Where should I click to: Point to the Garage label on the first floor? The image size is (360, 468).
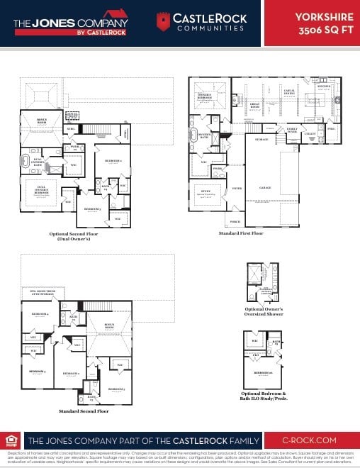click(x=265, y=187)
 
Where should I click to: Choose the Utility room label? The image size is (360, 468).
click(x=309, y=133)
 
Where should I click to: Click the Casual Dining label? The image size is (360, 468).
click(x=289, y=91)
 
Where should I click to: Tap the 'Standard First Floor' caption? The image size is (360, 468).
click(x=241, y=233)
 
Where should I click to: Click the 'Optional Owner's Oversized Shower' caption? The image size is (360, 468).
click(x=264, y=313)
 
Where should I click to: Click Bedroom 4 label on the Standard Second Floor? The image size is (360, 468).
click(x=38, y=313)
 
